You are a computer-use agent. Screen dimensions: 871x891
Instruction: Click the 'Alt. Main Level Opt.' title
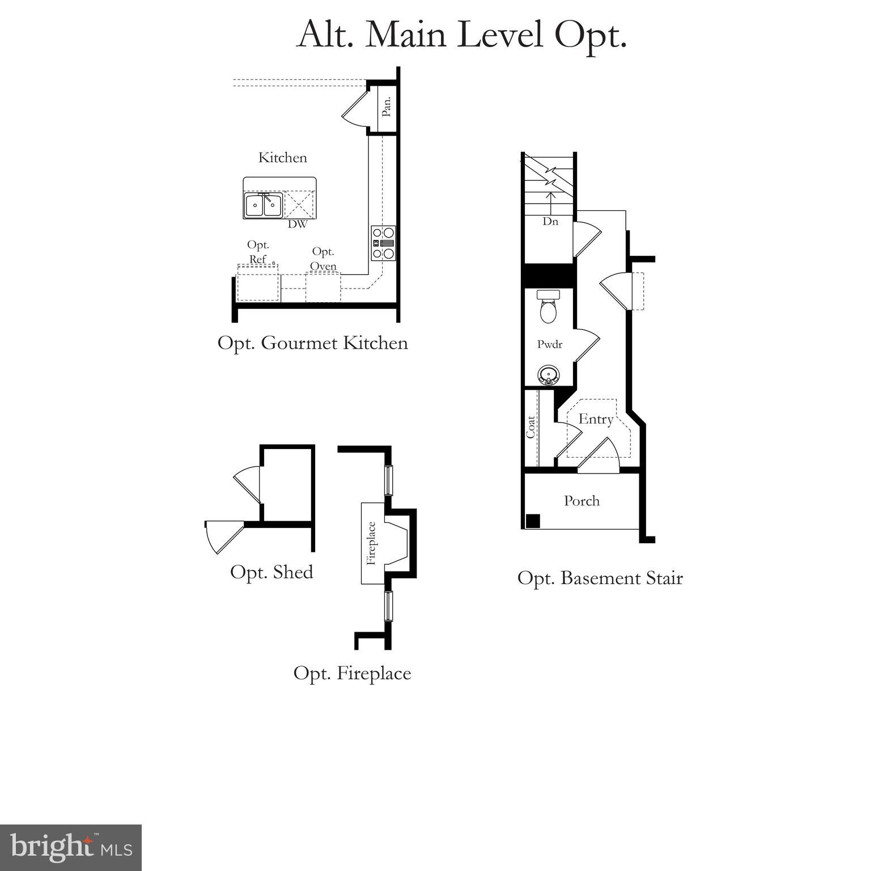(x=461, y=35)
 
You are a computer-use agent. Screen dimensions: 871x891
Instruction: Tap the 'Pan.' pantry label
(x=387, y=107)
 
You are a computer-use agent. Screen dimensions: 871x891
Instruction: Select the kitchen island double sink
(x=264, y=205)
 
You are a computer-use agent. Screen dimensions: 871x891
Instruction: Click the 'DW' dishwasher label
(x=297, y=225)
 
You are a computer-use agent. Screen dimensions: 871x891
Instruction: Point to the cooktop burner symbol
(x=383, y=243)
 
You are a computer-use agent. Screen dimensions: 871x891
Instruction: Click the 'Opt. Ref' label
(x=258, y=252)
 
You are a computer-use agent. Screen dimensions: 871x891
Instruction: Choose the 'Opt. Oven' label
(x=323, y=259)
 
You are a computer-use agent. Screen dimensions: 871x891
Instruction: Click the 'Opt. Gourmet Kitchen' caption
(x=312, y=343)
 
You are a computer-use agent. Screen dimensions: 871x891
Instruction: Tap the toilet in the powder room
(x=548, y=307)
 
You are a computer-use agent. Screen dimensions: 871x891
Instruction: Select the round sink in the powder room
(x=548, y=375)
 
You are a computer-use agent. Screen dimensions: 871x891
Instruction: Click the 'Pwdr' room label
(x=550, y=344)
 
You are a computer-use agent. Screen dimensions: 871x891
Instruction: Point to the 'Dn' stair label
(x=550, y=222)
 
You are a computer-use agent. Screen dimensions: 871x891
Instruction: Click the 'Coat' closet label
(x=531, y=427)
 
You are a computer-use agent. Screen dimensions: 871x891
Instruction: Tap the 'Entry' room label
(x=596, y=419)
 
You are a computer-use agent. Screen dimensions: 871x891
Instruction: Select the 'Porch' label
(x=582, y=501)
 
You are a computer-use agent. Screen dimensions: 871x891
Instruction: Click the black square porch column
(x=533, y=521)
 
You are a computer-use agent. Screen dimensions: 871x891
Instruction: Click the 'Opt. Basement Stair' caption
(x=600, y=578)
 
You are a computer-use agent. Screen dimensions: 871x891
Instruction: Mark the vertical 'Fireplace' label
(x=371, y=543)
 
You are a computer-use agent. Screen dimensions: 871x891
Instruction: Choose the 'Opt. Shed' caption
(x=271, y=572)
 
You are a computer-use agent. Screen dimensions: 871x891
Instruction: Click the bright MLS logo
(x=70, y=847)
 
